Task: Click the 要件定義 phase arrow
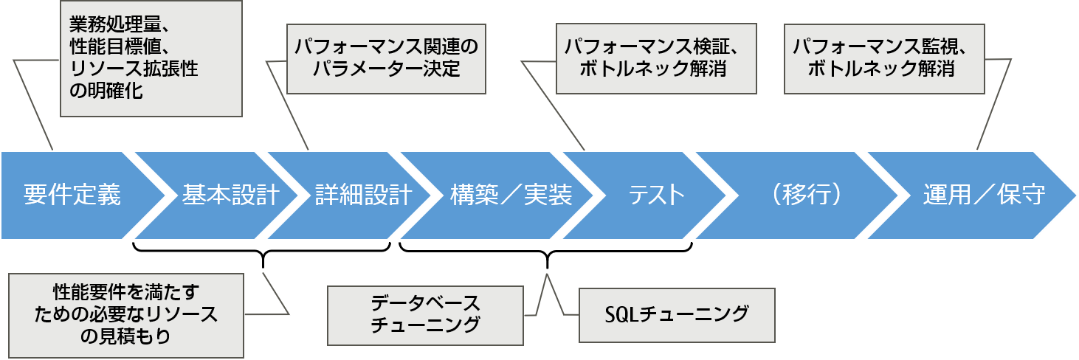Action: (72, 195)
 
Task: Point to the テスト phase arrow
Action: (657, 195)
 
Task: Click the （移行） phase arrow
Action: (804, 195)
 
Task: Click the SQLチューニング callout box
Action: (677, 315)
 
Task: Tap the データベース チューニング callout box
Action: (425, 315)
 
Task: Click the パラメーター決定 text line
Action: (386, 69)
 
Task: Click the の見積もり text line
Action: (125, 337)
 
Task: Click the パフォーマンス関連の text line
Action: (386, 47)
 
